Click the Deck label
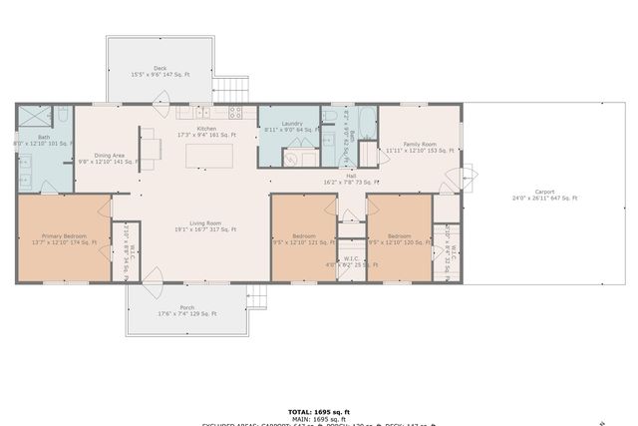click(159, 71)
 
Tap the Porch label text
click(186, 310)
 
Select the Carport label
click(544, 195)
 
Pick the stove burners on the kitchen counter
click(237, 111)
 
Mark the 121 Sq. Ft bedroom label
click(297, 239)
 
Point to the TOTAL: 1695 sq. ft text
click(318, 410)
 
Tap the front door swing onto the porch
click(152, 294)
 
